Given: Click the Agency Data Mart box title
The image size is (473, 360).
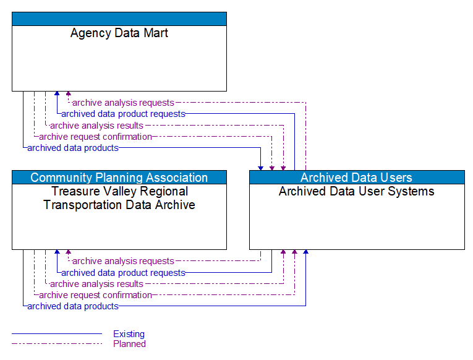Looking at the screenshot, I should (119, 33).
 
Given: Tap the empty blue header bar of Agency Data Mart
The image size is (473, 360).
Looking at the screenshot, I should (119, 19).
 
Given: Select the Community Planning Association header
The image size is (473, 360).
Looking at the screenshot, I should (119, 178).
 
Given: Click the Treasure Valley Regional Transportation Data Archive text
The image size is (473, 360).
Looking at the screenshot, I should (119, 198).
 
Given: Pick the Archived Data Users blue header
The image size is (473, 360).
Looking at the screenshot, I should (356, 178).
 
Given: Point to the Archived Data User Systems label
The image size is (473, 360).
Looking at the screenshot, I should (356, 192).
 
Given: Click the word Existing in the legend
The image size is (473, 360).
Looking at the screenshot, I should (129, 334).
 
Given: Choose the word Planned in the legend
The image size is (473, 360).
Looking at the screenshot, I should (129, 344).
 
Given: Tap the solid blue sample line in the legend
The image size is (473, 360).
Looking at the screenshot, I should (56, 334).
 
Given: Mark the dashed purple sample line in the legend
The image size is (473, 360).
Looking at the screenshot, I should (56, 344).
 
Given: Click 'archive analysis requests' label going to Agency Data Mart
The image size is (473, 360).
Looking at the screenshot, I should (123, 103).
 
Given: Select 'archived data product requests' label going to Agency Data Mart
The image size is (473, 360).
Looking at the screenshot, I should (123, 114).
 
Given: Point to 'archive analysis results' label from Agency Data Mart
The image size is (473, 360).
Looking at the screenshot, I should (96, 126).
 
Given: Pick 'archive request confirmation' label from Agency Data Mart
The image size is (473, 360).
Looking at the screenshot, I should (95, 137).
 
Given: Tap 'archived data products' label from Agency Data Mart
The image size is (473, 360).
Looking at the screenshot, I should (73, 148).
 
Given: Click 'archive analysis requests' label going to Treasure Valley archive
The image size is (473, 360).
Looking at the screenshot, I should (123, 261).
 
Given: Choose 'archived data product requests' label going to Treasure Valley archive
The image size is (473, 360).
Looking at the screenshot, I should (123, 273).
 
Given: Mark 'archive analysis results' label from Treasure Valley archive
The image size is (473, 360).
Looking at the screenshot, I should (96, 284).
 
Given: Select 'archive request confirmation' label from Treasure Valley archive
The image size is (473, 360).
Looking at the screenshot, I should (95, 295).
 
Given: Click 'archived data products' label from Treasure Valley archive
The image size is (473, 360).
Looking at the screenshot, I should (73, 306).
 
